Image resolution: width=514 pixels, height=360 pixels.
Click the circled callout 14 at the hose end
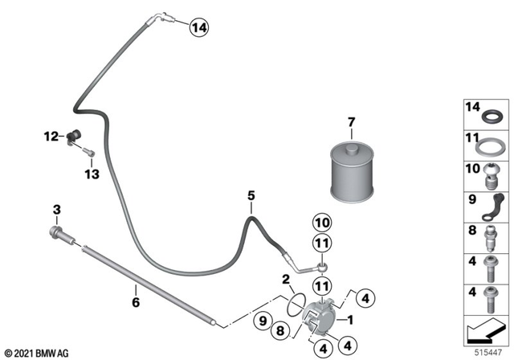[x=198, y=29]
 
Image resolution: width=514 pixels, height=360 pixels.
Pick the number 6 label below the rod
[x=135, y=302]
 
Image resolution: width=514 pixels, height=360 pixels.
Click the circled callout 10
[x=321, y=222]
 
